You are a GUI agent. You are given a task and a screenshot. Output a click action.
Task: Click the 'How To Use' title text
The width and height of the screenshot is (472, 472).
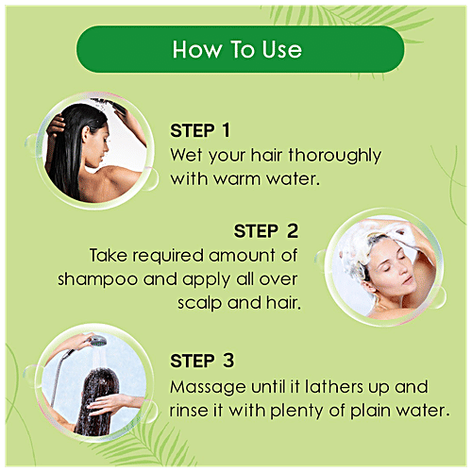[235, 49]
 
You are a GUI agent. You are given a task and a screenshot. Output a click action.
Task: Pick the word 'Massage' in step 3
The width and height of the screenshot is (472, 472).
[205, 387]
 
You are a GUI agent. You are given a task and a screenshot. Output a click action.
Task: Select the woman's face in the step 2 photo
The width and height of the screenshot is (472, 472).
[369, 271]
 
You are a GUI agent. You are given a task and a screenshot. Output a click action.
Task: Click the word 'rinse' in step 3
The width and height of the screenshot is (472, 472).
[192, 412]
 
